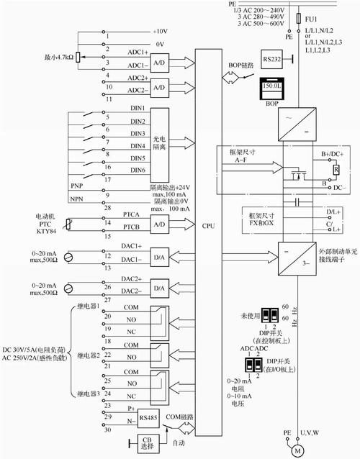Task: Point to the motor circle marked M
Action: pos(294,450)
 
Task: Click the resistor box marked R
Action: pos(335,171)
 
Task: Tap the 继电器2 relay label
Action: pos(88,355)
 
